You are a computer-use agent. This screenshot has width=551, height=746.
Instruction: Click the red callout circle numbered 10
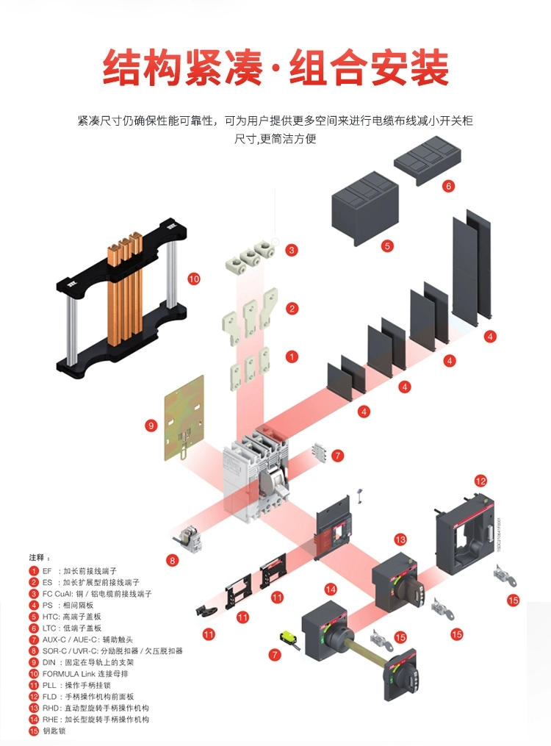pyautogui.click(x=194, y=279)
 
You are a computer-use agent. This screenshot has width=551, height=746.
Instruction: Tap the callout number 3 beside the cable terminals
pyautogui.click(x=292, y=250)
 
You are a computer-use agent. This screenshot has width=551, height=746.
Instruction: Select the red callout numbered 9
pyautogui.click(x=152, y=425)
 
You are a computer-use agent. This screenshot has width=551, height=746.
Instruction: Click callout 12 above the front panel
pyautogui.click(x=480, y=481)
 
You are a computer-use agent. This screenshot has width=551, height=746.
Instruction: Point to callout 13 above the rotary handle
pyautogui.click(x=400, y=539)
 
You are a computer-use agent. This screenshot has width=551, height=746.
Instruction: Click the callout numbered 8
pyautogui.click(x=173, y=560)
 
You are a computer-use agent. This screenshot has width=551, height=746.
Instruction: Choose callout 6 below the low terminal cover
pyautogui.click(x=448, y=186)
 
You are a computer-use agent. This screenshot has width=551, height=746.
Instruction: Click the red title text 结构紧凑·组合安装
pyautogui.click(x=275, y=68)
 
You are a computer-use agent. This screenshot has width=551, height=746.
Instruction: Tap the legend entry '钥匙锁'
pyautogui.click(x=54, y=731)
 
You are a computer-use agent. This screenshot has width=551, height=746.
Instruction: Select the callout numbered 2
pyautogui.click(x=292, y=309)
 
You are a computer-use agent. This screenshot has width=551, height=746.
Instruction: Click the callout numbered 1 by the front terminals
pyautogui.click(x=292, y=357)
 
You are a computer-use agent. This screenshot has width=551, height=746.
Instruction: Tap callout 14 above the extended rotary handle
pyautogui.click(x=331, y=589)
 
